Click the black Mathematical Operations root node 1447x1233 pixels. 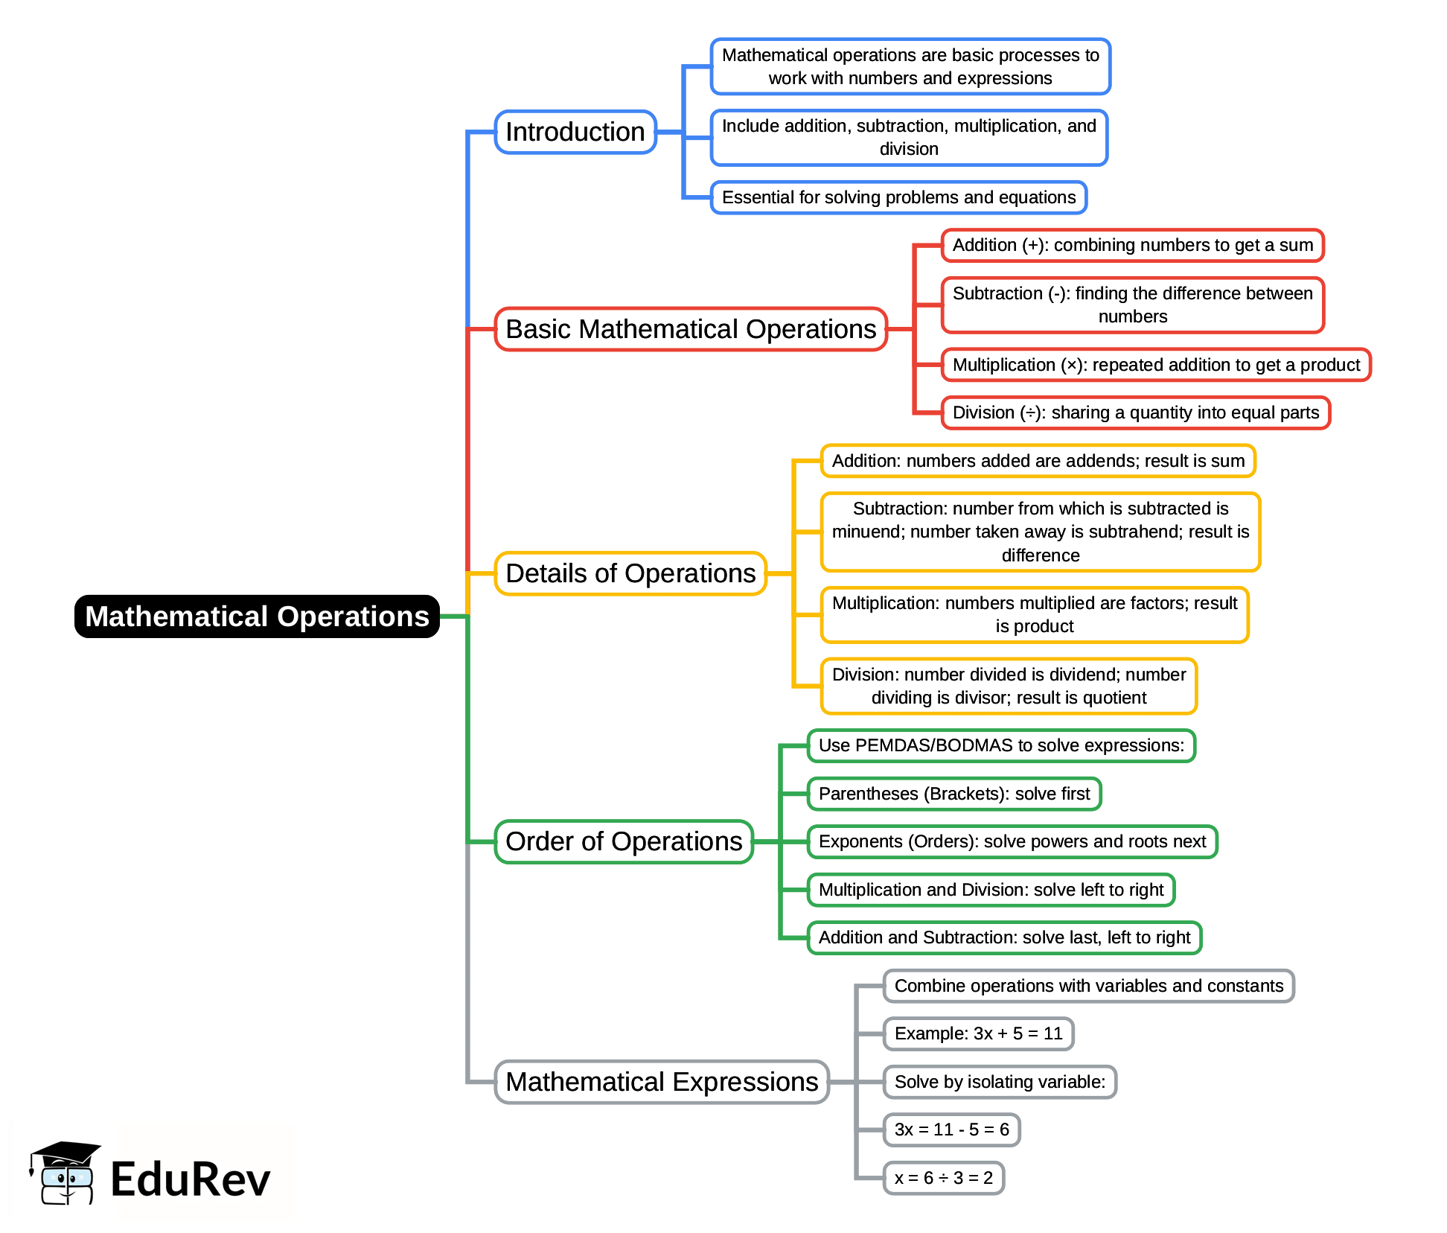(x=257, y=616)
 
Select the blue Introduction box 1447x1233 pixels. (x=575, y=132)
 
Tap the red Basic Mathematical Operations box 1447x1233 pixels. (x=691, y=329)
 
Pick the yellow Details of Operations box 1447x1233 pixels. (x=630, y=573)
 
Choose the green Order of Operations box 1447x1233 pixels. (x=624, y=841)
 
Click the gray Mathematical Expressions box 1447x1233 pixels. (x=662, y=1082)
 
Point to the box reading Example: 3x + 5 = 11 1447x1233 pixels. (x=978, y=1033)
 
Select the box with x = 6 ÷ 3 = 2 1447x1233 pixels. (x=943, y=1178)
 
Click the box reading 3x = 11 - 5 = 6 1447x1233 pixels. (x=951, y=1130)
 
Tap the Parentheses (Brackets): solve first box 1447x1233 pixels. (x=954, y=794)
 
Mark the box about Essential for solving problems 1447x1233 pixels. (x=898, y=197)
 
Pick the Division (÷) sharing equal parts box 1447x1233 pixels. (x=1135, y=412)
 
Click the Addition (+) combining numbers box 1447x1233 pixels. (x=1132, y=245)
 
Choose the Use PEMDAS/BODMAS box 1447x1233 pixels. (x=1001, y=745)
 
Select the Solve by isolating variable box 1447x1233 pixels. (x=1000, y=1082)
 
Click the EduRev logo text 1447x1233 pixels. (x=190, y=1179)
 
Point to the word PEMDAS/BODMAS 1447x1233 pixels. (x=934, y=745)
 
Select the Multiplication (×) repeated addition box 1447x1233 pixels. (x=1156, y=365)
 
